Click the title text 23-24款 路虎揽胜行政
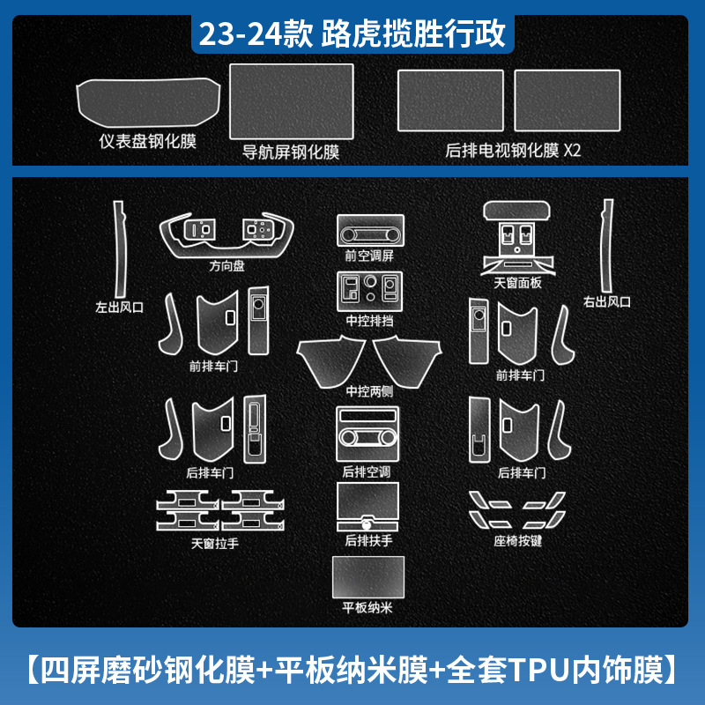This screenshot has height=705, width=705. coord(352,34)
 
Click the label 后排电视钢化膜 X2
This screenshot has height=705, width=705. coord(514,151)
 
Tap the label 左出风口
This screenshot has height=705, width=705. coord(119,308)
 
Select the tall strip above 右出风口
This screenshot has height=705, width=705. coord(605,242)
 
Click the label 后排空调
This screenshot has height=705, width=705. coord(367,471)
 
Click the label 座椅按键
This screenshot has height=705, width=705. coord(518,539)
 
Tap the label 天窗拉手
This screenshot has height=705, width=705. coord(215,543)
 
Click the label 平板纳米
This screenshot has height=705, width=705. coord(367,609)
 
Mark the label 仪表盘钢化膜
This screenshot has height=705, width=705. coord(148,140)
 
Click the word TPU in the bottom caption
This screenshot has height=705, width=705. coord(528,667)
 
